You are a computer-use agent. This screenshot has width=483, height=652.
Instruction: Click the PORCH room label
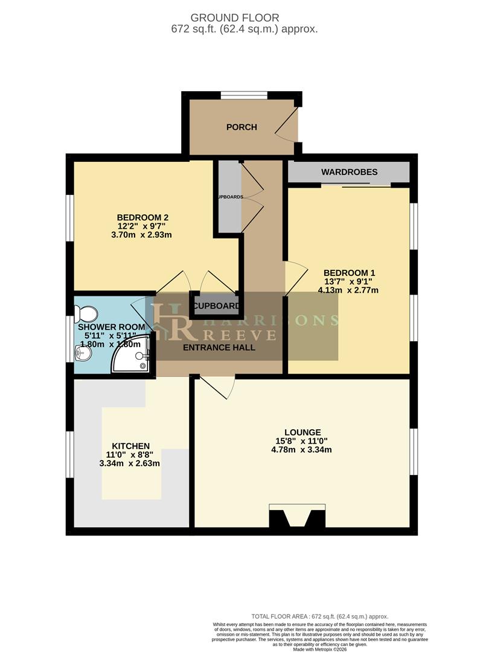pos(241,127)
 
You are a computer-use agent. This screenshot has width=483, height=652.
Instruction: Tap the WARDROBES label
pos(349,172)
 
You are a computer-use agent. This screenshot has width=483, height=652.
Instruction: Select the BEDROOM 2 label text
pos(142,217)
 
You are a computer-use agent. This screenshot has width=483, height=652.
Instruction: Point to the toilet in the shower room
pos(86,313)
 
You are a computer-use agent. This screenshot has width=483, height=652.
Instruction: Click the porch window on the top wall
pos(243,95)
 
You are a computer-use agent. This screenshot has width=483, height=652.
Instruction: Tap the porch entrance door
pos(289,125)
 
